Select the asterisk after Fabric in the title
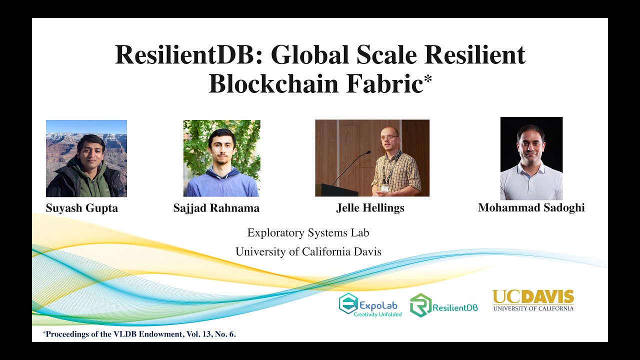tap(427, 80)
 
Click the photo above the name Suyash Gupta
tap(86, 158)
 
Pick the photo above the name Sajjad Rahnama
tap(221, 158)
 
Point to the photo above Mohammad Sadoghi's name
tap(531, 158)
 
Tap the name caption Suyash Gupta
tap(82, 208)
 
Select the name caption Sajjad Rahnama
tap(216, 208)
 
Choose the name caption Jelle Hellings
tap(370, 208)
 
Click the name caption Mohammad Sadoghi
tap(531, 207)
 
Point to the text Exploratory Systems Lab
tap(308, 232)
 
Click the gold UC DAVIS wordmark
tap(533, 297)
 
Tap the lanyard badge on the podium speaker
tap(384, 188)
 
